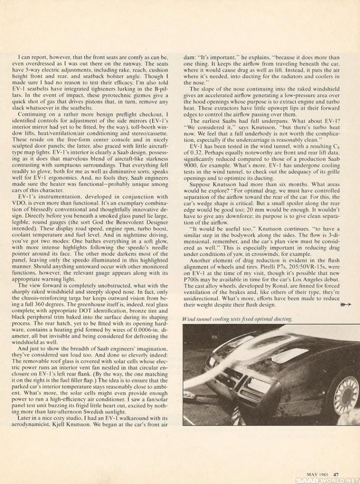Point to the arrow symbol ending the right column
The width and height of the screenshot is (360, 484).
coord(346,305)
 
